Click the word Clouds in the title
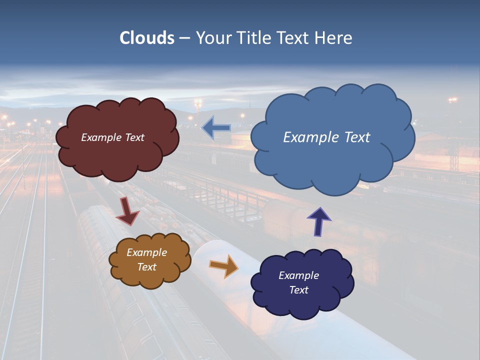pos(147,38)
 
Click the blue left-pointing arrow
pos(216,128)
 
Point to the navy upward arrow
pos(319,221)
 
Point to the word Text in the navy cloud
pos(298,290)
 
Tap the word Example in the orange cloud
pos(146,252)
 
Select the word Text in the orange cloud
pos(146,267)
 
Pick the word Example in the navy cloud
pos(298,275)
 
